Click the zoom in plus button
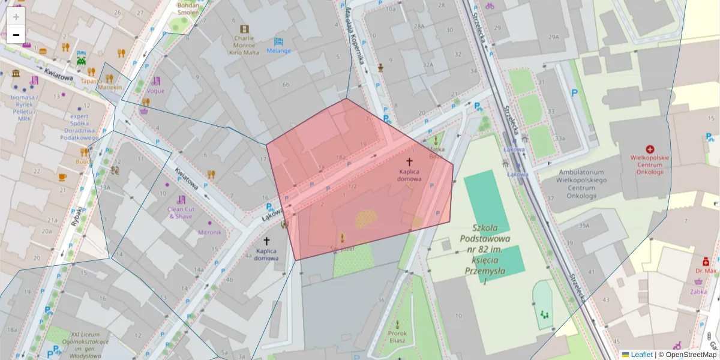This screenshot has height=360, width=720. [x=16, y=16]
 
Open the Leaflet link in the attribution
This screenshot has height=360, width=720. [x=641, y=355]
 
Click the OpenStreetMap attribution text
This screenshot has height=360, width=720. [x=691, y=355]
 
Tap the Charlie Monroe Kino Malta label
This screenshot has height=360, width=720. [x=244, y=45]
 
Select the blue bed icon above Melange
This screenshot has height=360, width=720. [x=278, y=41]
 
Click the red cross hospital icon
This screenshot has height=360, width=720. [x=650, y=149]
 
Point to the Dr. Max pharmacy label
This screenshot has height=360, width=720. [x=706, y=271]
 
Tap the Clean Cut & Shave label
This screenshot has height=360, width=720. [x=180, y=212]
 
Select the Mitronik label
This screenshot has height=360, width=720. [x=209, y=232]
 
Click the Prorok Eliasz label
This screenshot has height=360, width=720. [x=397, y=337]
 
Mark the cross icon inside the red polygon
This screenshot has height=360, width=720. [x=410, y=161]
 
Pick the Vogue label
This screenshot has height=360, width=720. [x=155, y=91]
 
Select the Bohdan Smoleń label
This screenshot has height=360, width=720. [x=188, y=8]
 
